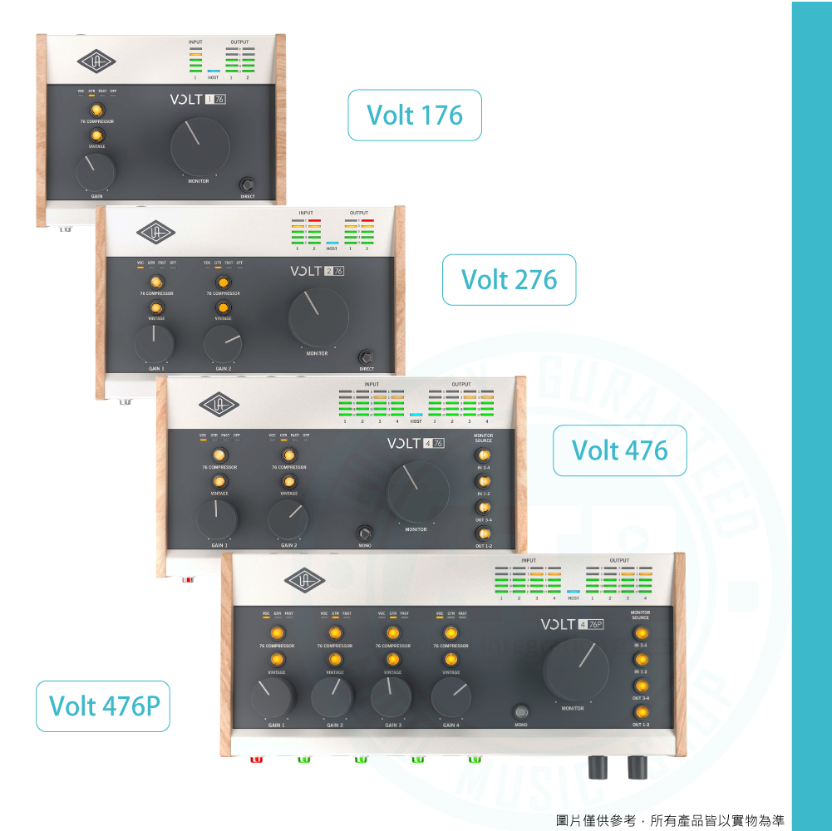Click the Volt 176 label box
415,115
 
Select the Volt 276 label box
509,279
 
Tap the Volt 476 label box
619,450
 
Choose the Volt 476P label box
103,706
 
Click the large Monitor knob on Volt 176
199,146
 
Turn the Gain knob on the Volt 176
96,172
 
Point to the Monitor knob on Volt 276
318,317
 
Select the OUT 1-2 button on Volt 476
484,533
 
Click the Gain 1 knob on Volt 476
217,518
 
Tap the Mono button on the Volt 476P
521,712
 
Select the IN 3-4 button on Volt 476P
641,633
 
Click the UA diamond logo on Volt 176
97,61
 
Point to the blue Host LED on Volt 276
332,242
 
